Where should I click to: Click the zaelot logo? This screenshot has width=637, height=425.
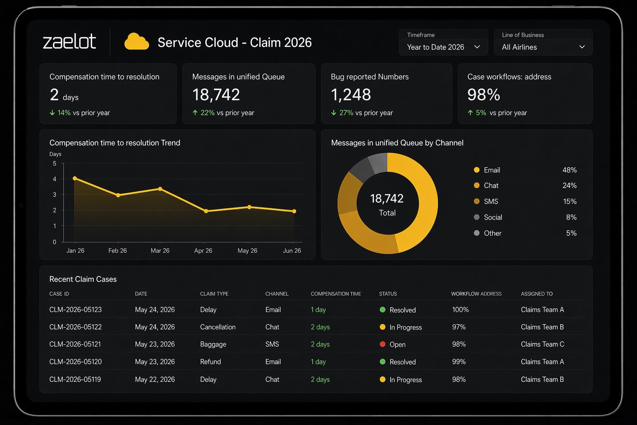tap(69, 42)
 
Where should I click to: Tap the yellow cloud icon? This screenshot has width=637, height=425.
tap(136, 42)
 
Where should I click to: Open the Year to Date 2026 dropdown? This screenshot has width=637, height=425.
tap(443, 47)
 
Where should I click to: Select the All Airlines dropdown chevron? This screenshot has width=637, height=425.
tap(582, 47)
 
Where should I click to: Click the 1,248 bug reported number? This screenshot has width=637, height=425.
tap(351, 95)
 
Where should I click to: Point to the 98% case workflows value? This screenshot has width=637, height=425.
tap(484, 95)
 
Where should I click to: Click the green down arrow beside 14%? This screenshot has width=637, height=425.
tap(52, 113)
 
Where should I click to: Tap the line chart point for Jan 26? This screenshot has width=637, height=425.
tap(75, 178)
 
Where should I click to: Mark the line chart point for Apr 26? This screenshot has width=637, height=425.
tap(206, 211)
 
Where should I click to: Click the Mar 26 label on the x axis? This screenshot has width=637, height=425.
tap(160, 251)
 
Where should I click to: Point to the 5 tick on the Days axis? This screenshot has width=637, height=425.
tap(55, 164)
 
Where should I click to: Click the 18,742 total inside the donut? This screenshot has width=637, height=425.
tap(387, 198)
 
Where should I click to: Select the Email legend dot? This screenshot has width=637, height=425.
tap(477, 170)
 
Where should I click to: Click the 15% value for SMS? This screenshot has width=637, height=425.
tap(569, 201)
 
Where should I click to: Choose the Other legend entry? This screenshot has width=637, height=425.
tap(493, 233)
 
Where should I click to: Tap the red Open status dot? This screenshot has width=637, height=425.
tap(382, 344)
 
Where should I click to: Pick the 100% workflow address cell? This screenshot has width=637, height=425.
tap(460, 310)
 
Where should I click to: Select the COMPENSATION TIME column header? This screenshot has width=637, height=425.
tap(336, 294)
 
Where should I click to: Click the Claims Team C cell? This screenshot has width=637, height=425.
tap(542, 344)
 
